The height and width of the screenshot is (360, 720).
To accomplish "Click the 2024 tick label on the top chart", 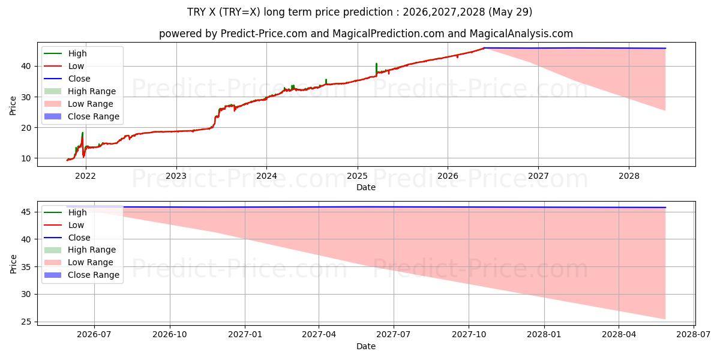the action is click(266, 176).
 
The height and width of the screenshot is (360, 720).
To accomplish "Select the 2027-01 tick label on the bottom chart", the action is click(245, 335).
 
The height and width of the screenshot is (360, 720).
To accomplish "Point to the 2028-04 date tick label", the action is click(619, 335).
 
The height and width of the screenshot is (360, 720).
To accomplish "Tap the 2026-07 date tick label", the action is click(94, 335).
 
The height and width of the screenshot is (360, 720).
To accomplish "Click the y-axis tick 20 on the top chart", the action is click(26, 128).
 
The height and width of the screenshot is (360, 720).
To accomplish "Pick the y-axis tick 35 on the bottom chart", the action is click(26, 267).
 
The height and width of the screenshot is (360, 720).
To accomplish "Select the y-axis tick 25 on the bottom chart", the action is click(26, 322).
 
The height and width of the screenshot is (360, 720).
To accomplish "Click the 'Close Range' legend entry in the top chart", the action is click(82, 116).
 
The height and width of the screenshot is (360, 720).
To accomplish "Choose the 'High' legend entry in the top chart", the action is click(65, 53).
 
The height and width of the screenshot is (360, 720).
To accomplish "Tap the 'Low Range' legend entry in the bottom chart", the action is click(79, 262).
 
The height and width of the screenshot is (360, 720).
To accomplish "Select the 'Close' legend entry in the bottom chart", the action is click(67, 238).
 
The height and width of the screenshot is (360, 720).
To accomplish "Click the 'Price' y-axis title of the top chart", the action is click(13, 106).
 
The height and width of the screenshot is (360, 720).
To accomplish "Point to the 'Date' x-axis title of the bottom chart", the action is click(366, 346).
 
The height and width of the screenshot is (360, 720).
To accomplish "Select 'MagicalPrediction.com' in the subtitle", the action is click(388, 34).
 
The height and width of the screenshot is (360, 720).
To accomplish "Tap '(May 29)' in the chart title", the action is click(510, 12).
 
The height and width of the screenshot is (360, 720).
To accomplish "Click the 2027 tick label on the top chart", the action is click(538, 176).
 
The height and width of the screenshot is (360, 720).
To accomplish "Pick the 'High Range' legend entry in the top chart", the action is click(80, 91).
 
